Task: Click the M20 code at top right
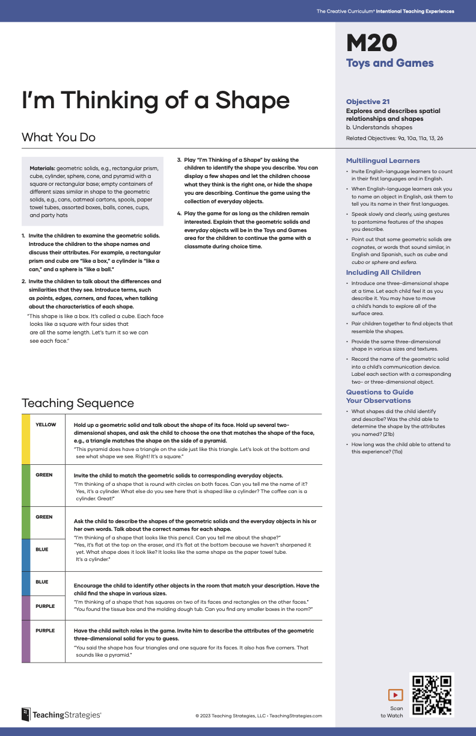(x=371, y=44)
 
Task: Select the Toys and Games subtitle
(x=389, y=63)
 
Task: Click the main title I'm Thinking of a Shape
(x=156, y=100)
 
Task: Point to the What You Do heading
(x=58, y=137)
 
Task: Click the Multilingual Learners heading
(x=383, y=161)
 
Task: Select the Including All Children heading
(x=383, y=272)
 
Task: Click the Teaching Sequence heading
(x=78, y=403)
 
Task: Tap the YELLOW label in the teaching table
(x=46, y=425)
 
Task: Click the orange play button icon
(x=395, y=695)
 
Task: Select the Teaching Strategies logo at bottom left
(x=61, y=714)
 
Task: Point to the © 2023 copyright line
(x=258, y=716)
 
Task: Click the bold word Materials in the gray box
(x=43, y=168)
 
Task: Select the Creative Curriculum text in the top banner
(x=385, y=11)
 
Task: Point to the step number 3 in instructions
(x=178, y=160)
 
